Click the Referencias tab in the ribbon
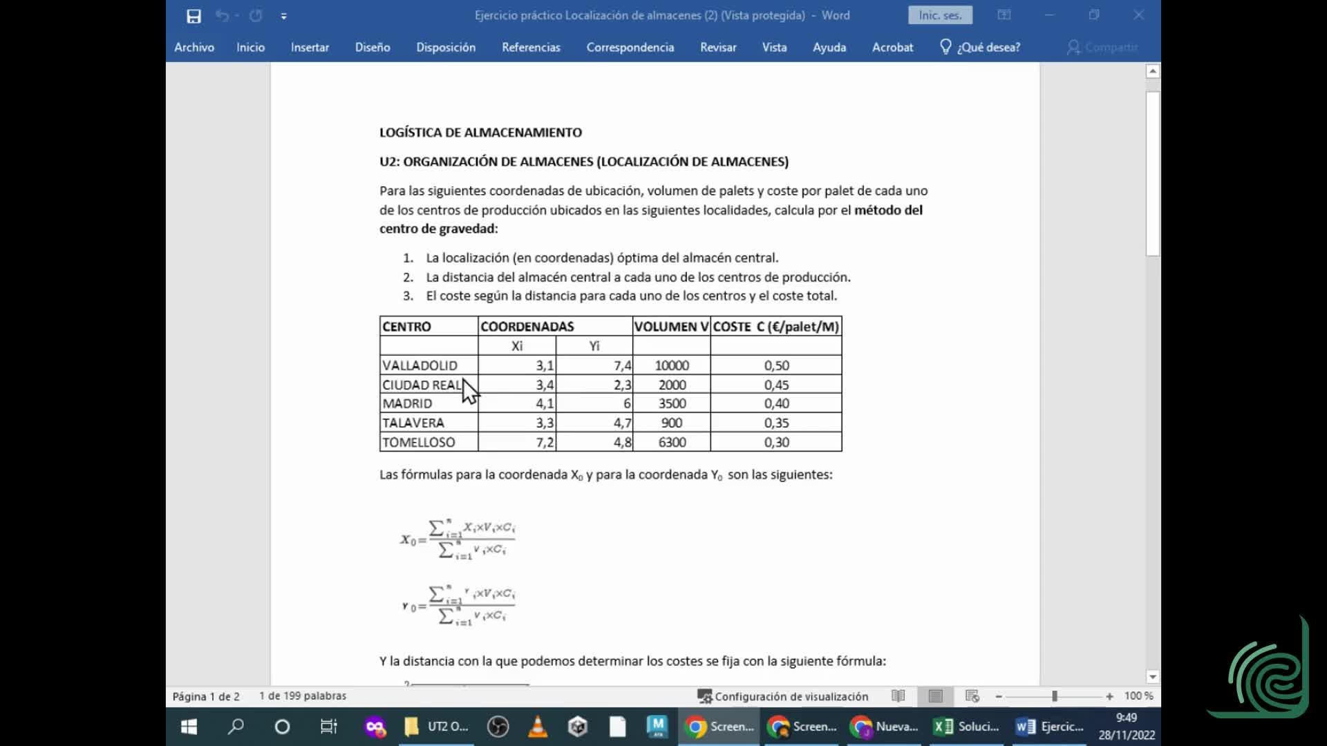pos(531,47)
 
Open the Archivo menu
pos(194,47)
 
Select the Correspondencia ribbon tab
pos(630,47)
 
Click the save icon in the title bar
pos(194,16)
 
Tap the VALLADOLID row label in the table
pos(420,365)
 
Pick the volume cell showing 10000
pos(671,365)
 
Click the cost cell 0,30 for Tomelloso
pos(776,442)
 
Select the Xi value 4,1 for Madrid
pos(544,403)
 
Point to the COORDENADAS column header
pos(527,326)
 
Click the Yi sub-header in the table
pos(594,346)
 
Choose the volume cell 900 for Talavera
pos(671,423)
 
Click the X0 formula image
pos(458,539)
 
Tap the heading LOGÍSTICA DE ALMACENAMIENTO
pos(480,133)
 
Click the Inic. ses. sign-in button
pos(939,15)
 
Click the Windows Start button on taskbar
pos(189,727)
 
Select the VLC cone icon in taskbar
pos(538,727)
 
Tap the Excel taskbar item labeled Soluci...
pos(966,727)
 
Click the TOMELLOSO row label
pos(419,442)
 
